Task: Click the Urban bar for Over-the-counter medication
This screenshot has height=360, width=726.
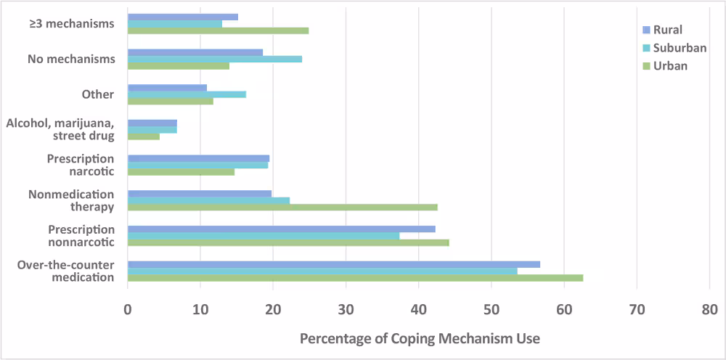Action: pyautogui.click(x=355, y=278)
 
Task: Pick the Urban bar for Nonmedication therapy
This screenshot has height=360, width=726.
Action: pyautogui.click(x=282, y=208)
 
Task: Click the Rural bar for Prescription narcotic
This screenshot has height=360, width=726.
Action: pyautogui.click(x=198, y=158)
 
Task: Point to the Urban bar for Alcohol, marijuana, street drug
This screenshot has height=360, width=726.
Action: pyautogui.click(x=144, y=136)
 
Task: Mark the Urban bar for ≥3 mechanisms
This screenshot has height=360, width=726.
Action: pyautogui.click(x=218, y=30)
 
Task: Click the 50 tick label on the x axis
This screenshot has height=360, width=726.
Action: pyautogui.click(x=492, y=309)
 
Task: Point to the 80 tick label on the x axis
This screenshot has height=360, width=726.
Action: pyautogui.click(x=709, y=309)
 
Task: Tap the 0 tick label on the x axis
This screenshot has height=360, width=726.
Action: pyautogui.click(x=128, y=309)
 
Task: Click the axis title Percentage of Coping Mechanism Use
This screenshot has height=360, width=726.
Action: pyautogui.click(x=420, y=338)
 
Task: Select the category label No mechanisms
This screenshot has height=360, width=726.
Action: pyautogui.click(x=71, y=59)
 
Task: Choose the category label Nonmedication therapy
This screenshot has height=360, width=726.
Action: pyautogui.click(x=71, y=200)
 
